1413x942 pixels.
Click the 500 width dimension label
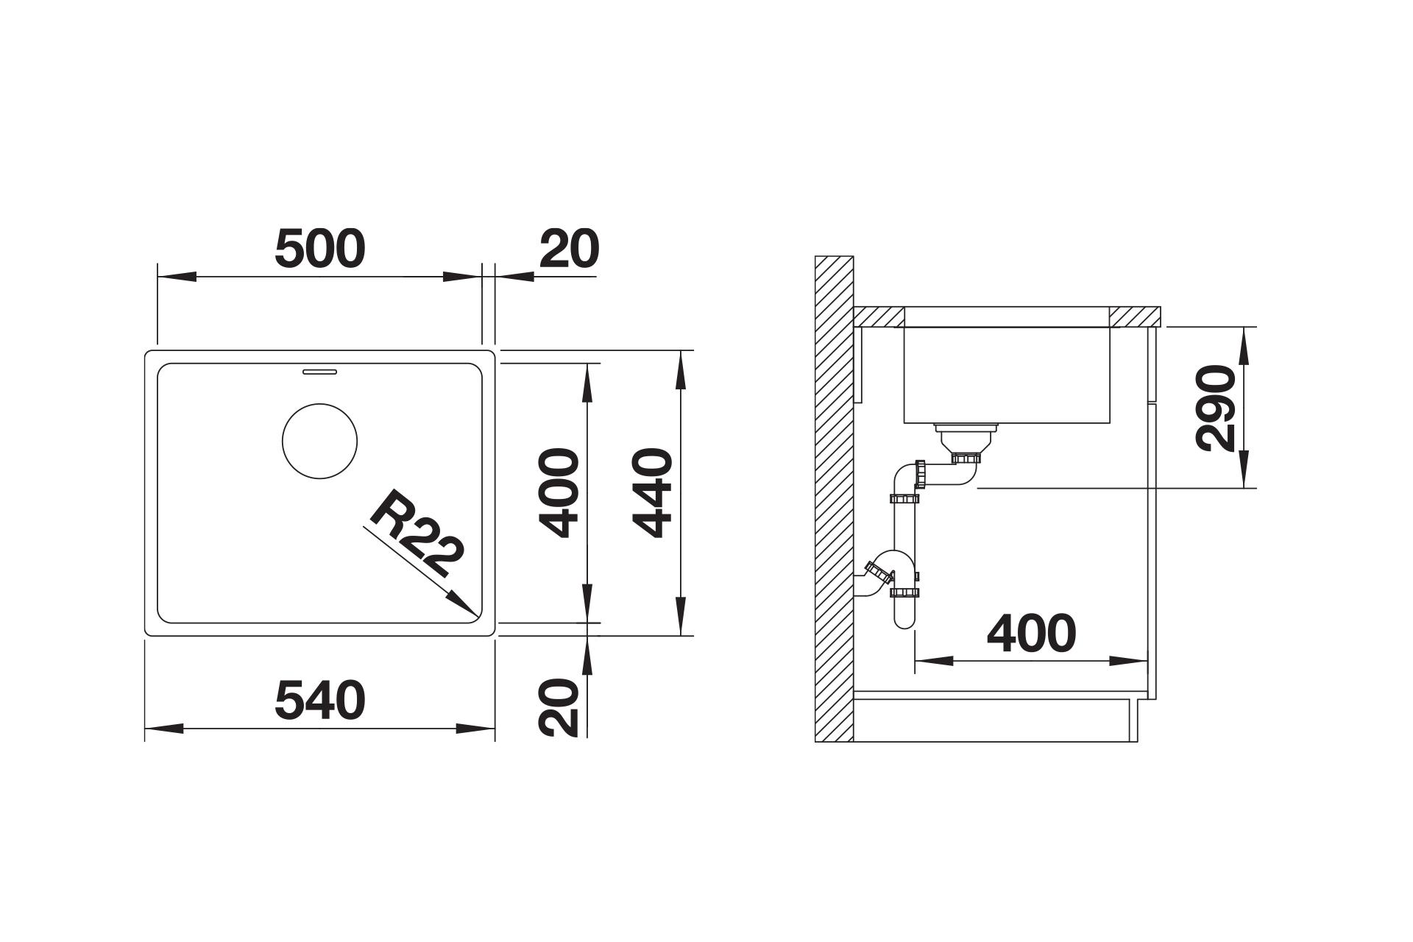319,249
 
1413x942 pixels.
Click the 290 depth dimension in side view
1215,407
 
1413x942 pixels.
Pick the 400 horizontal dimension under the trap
1031,634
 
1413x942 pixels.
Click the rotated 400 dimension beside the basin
559,493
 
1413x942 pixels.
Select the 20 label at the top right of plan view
569,249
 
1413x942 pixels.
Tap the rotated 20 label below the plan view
559,707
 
